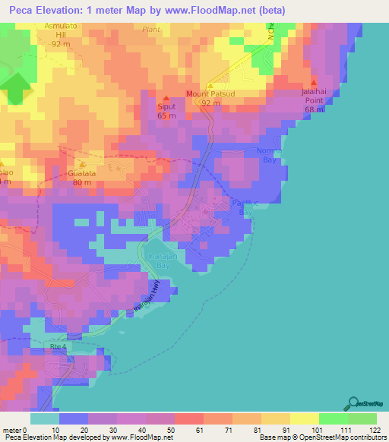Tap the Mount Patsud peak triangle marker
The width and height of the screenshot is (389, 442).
click(211, 85)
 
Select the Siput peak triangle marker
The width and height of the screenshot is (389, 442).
click(166, 98)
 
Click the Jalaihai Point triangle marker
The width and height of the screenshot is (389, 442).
click(315, 83)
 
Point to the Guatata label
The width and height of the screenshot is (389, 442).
click(82, 173)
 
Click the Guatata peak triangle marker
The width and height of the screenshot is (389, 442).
click(82, 163)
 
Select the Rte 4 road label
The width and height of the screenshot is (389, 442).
click(59, 346)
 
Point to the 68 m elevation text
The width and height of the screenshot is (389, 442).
click(315, 109)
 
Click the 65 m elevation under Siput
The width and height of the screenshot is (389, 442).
click(166, 115)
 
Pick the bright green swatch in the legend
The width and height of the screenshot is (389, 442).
click(333, 418)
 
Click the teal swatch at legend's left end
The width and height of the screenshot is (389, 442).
click(44, 418)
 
